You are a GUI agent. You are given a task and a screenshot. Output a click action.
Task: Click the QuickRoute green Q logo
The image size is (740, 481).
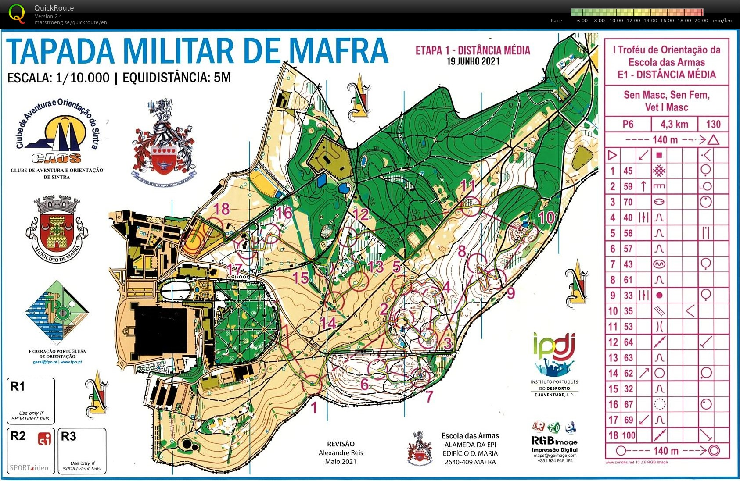[17, 13]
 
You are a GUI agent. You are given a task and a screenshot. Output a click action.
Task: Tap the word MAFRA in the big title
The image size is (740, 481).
[339, 52]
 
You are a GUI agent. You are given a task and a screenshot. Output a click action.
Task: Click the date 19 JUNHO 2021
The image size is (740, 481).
[473, 61]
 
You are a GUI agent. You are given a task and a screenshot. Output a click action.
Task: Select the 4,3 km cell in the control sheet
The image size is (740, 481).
[674, 124]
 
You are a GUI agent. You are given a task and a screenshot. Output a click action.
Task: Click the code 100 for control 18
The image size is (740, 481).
[629, 435]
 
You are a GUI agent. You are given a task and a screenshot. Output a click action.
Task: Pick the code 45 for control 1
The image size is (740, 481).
[628, 171]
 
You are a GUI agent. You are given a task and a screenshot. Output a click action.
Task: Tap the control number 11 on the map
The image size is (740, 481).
[468, 186]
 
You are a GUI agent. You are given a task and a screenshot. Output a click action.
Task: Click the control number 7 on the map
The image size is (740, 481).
[429, 396]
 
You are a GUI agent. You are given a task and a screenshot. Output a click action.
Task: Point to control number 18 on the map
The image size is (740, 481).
[222, 209]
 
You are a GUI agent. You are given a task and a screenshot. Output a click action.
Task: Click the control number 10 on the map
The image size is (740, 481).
[546, 217]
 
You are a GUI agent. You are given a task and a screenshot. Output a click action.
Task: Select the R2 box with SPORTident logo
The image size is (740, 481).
[31, 450]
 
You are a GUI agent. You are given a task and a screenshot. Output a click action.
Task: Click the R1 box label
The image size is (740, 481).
[18, 387]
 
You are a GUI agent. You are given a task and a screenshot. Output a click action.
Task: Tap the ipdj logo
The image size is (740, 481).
[554, 346]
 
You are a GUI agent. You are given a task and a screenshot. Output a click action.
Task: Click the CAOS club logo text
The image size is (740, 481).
[57, 158]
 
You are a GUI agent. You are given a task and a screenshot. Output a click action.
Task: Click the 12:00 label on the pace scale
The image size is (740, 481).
[633, 21]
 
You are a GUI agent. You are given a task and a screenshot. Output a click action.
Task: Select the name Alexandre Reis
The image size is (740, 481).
[341, 452]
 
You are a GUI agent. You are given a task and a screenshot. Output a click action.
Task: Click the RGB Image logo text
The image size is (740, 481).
[554, 442]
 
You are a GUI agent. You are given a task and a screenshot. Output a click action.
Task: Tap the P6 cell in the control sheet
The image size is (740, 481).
[628, 124]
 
